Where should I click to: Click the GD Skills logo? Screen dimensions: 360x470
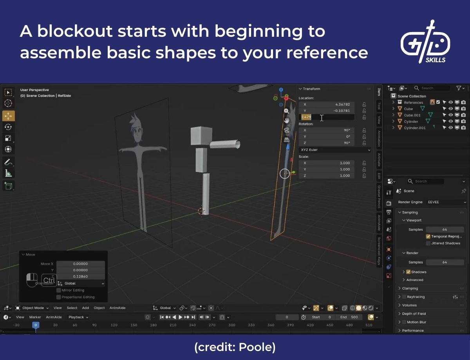[x=425, y=42]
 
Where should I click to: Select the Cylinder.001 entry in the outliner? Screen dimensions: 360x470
[x=414, y=128]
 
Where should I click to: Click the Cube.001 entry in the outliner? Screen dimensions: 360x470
[x=412, y=115]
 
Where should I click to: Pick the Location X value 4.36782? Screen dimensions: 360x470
[x=327, y=104]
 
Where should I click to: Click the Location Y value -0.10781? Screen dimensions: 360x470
[x=327, y=111]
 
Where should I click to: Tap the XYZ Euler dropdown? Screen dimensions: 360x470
[x=335, y=150]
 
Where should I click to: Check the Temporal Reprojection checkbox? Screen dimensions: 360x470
[x=428, y=236]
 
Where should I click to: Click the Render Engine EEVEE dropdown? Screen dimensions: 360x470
[x=446, y=202]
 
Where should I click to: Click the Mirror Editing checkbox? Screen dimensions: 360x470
[x=59, y=290]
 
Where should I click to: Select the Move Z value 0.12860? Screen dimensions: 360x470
[x=80, y=276]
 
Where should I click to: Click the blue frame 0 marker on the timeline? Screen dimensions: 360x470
[x=36, y=325]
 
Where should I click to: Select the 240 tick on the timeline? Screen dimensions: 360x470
[x=192, y=325]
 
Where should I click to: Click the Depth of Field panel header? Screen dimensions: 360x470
[x=414, y=314]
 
